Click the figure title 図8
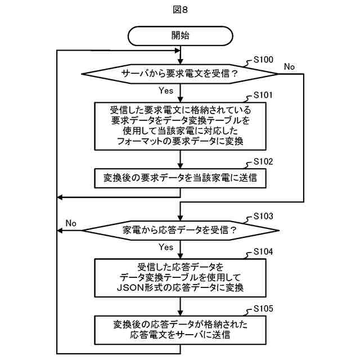point(180,10)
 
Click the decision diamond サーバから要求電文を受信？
point(180,74)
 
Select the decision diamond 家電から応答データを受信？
point(180,230)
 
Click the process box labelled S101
point(180,125)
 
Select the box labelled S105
point(180,329)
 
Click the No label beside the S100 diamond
point(289,67)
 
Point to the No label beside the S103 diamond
point(71,223)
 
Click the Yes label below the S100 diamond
point(166,90)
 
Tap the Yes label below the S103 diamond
point(166,247)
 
